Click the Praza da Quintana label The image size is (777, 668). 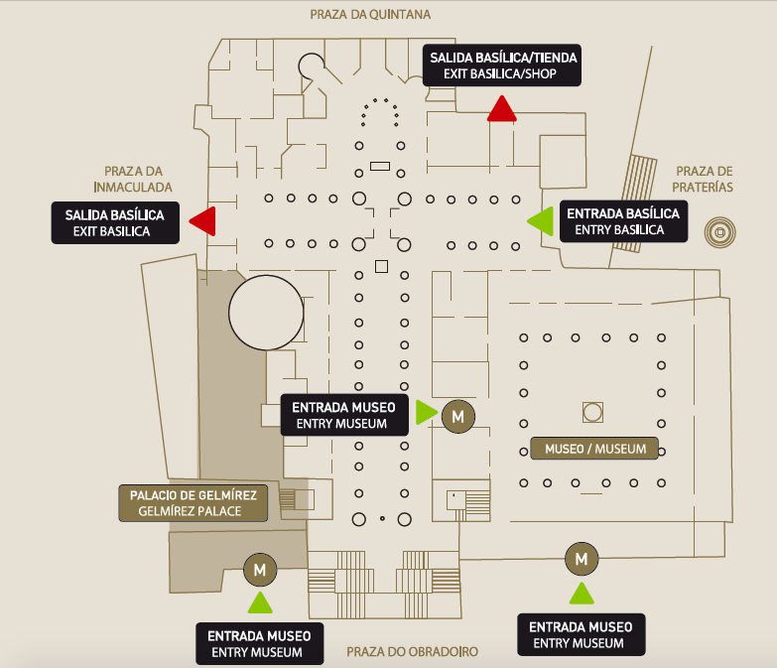370,14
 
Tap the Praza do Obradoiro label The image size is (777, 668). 412,652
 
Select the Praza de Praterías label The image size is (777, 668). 704,179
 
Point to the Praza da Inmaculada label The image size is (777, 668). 133,179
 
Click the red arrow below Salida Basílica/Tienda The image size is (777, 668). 501,108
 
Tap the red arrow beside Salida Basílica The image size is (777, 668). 203,221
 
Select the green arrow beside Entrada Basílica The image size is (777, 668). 541,221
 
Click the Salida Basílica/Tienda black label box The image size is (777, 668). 502,66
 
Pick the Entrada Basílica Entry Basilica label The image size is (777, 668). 623,221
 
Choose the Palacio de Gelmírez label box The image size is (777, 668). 194,503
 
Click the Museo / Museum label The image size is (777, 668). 594,449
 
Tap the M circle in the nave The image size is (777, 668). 458,416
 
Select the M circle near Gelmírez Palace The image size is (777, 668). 260,570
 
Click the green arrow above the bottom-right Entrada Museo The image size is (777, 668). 582,594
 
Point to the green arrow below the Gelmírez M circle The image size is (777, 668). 260,602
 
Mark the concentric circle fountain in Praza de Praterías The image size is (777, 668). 720,232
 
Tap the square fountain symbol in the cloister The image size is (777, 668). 592,412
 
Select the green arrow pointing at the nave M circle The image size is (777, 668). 427,412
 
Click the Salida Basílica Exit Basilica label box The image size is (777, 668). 115,222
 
